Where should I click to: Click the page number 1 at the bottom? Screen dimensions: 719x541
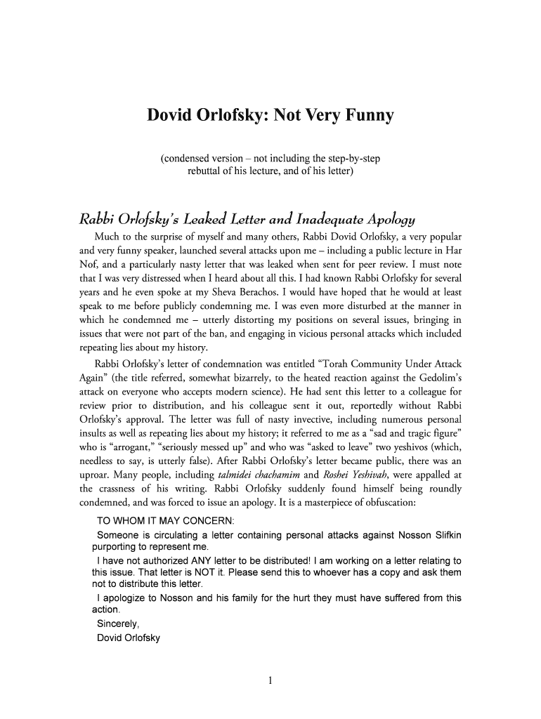point(270,680)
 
